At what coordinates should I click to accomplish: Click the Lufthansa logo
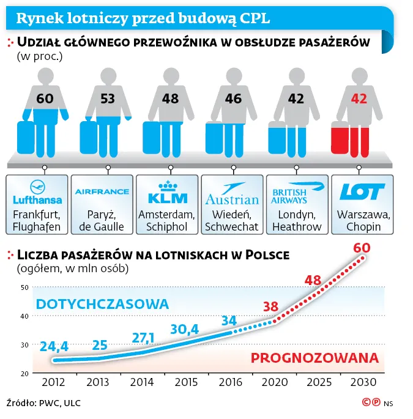click(37, 192)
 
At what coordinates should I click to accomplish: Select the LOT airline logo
click(362, 191)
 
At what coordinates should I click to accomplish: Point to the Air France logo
click(102, 191)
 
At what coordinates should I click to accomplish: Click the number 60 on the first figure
click(45, 98)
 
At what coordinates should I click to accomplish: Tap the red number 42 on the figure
click(359, 98)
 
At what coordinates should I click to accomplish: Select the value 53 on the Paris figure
click(108, 98)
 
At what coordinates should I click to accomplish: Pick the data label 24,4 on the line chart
click(54, 346)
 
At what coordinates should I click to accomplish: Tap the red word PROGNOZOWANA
click(314, 358)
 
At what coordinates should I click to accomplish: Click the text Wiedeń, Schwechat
click(232, 220)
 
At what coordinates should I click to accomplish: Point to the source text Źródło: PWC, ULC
click(43, 403)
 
